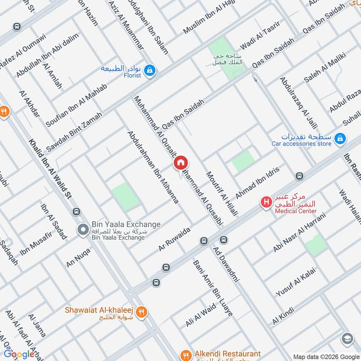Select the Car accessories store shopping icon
[x=341, y=139]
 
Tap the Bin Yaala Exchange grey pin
[x=83, y=230]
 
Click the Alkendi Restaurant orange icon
[x=185, y=355]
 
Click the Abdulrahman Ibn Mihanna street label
[x=153, y=167]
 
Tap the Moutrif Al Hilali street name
[x=222, y=194]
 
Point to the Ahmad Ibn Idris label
[x=258, y=183]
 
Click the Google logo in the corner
[x=19, y=354]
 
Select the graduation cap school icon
[x=347, y=338]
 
